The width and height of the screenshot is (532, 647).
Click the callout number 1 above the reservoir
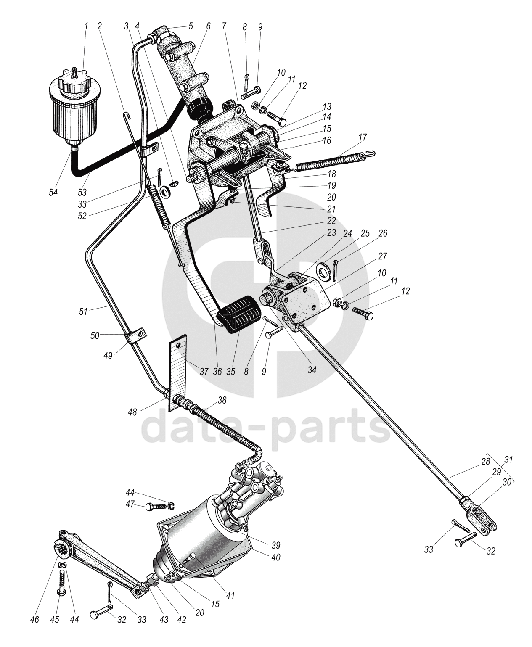(86, 26)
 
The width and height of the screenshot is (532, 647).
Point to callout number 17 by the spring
(363, 137)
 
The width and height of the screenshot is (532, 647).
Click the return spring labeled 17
(332, 162)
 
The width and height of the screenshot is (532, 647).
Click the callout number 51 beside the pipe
(83, 312)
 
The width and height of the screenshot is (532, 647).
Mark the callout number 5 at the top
(190, 26)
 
